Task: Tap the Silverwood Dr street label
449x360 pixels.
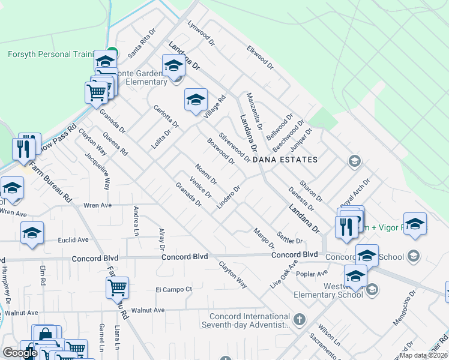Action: tap(234, 148)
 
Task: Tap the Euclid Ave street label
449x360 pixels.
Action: tap(73, 239)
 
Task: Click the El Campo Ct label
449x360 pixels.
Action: tap(173, 289)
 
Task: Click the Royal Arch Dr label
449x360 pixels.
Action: tap(355, 191)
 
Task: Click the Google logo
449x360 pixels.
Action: tap(20, 353)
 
